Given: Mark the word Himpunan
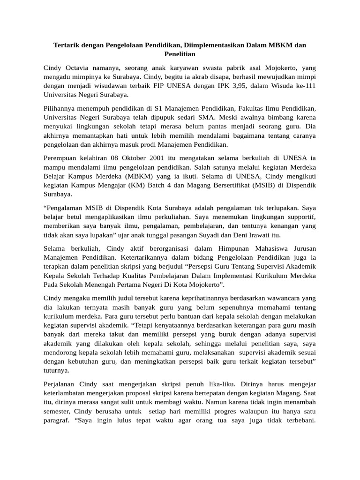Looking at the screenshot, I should pyautogui.click(x=223, y=247).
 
